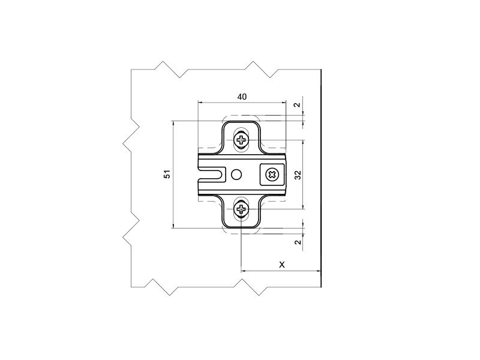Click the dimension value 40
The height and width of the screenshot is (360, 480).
click(242, 97)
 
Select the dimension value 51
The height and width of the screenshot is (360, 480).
click(167, 174)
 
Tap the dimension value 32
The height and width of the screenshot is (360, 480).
click(298, 175)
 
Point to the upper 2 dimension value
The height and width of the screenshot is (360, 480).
click(297, 105)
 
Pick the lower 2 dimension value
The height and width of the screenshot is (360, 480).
click(298, 242)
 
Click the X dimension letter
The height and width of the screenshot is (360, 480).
click(282, 265)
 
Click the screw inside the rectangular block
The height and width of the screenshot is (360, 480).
click(272, 175)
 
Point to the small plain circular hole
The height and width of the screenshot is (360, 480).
click(236, 175)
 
